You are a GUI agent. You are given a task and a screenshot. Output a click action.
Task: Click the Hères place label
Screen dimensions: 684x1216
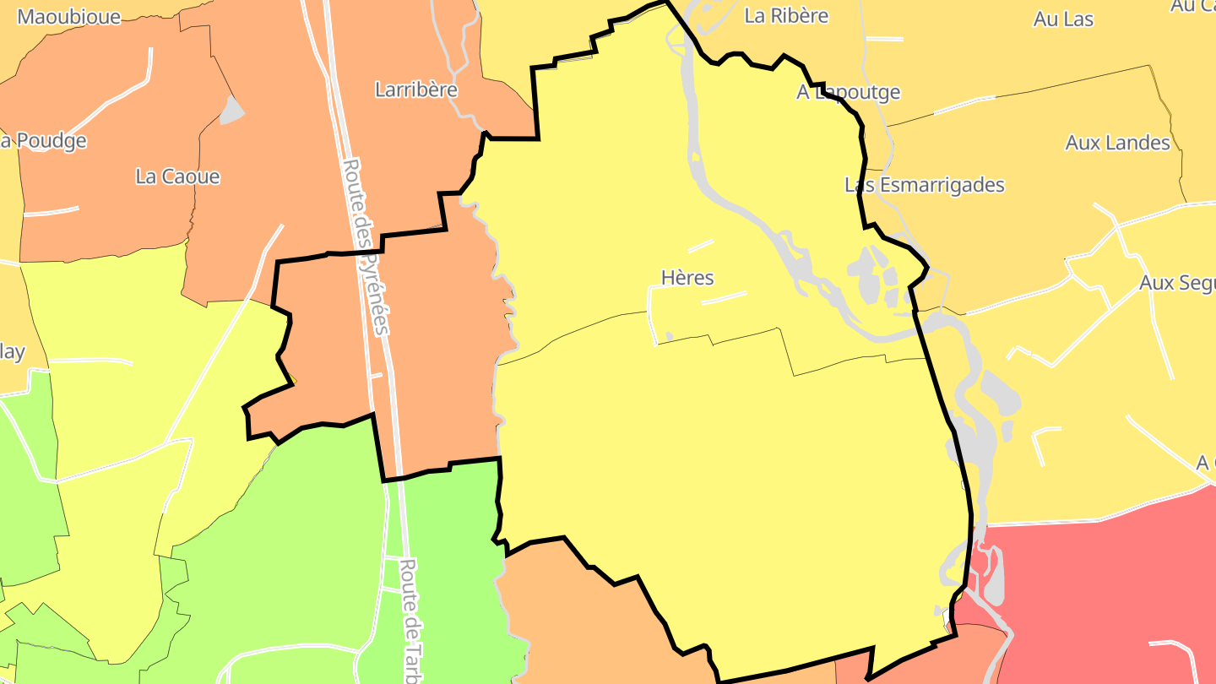[687, 278]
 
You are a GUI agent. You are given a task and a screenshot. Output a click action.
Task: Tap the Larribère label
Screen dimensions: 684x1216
[415, 90]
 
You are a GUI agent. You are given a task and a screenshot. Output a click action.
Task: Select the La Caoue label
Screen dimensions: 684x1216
[177, 176]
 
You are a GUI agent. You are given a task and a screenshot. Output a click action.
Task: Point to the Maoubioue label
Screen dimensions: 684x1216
[68, 17]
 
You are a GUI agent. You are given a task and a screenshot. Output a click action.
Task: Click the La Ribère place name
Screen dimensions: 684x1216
[785, 15]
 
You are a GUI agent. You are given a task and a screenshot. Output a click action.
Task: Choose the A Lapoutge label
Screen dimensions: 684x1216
[848, 92]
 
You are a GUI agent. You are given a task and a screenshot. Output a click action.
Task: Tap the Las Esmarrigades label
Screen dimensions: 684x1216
[925, 185]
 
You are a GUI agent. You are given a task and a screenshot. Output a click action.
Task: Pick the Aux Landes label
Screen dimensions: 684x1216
[1117, 143]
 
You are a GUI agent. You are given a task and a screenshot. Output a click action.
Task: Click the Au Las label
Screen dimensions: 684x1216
[1063, 19]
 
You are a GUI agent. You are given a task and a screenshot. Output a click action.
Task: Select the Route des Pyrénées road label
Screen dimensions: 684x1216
[365, 245]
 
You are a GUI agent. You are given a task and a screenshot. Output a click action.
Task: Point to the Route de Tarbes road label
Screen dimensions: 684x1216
[412, 621]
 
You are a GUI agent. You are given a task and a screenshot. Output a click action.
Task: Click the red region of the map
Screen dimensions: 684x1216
[1115, 583]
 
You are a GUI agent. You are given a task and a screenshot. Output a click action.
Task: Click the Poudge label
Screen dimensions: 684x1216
[46, 141]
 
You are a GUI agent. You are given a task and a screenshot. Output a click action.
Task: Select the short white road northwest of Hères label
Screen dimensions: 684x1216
[700, 246]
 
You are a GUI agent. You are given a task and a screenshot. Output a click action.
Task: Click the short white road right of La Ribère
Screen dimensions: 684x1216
[884, 39]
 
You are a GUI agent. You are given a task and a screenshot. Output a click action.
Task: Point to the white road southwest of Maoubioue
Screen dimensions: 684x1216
[118, 93]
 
